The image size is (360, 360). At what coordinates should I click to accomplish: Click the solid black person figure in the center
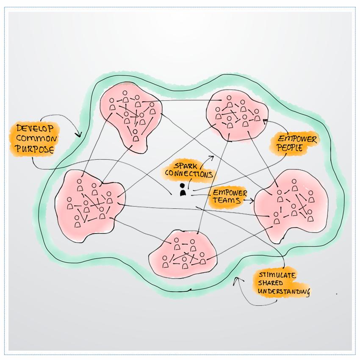pos(183,190)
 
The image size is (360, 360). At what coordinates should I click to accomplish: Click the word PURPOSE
pos(34,149)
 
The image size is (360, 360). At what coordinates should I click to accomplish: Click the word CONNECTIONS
pos(188,174)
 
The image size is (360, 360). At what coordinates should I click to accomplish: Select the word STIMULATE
pos(278,275)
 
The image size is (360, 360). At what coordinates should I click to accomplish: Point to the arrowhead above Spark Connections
pos(212,156)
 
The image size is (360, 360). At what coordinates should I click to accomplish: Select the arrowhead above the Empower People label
pos(265,121)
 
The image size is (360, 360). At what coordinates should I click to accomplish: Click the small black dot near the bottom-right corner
pos(337,294)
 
